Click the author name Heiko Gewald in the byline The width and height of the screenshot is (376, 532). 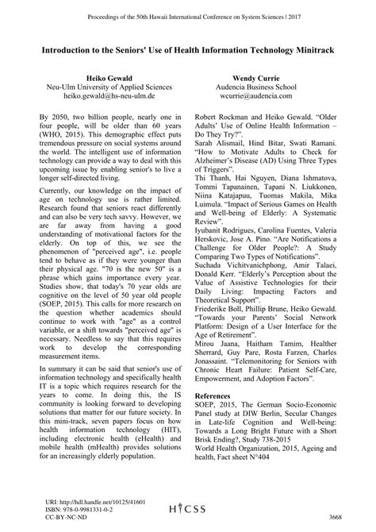98,79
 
